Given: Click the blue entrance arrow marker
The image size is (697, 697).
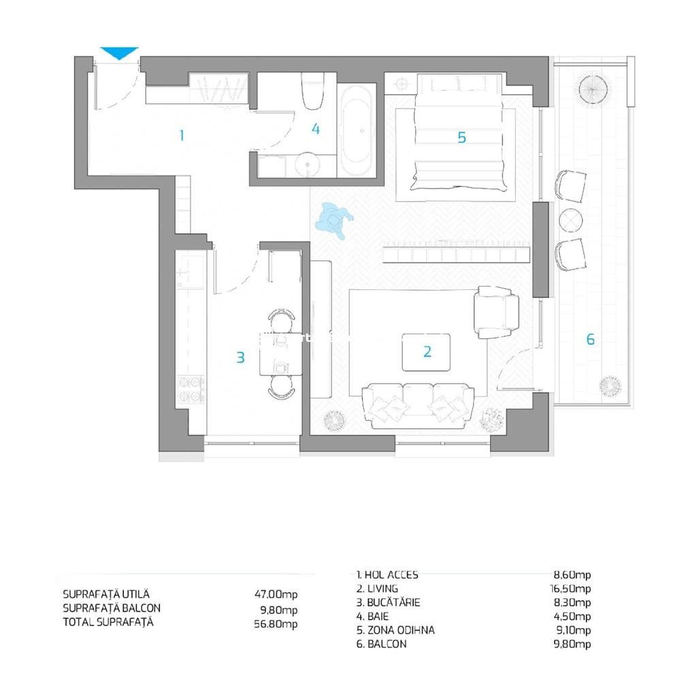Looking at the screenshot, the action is click(119, 52).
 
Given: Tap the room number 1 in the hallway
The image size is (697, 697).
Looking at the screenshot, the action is click(181, 135).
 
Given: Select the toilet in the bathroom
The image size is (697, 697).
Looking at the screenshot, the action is click(313, 91).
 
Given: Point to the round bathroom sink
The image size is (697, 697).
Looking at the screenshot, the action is click(307, 165).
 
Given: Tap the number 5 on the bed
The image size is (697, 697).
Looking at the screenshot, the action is click(462, 137).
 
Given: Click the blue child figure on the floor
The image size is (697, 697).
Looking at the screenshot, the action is click(334, 220).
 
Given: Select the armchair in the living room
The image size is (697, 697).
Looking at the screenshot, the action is click(496, 312).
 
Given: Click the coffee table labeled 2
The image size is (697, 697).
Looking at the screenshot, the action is click(426, 352).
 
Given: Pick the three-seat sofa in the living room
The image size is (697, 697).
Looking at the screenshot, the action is click(418, 406).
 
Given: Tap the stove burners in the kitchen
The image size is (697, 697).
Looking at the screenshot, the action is click(191, 389).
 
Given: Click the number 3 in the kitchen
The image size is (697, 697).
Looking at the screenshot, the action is click(240, 357).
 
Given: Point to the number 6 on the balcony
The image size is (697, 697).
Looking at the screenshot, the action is click(590, 339).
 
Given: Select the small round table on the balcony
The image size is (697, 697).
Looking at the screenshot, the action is click(571, 220).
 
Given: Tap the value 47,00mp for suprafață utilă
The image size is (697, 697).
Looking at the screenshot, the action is click(276, 594).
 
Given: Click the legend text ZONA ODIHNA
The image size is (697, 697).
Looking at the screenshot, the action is click(401, 630).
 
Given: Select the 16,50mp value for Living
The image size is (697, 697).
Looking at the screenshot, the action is click(570, 589).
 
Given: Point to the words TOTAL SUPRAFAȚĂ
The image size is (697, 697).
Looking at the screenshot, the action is click(108, 622).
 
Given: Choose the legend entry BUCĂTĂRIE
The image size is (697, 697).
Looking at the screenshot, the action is click(393, 602).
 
